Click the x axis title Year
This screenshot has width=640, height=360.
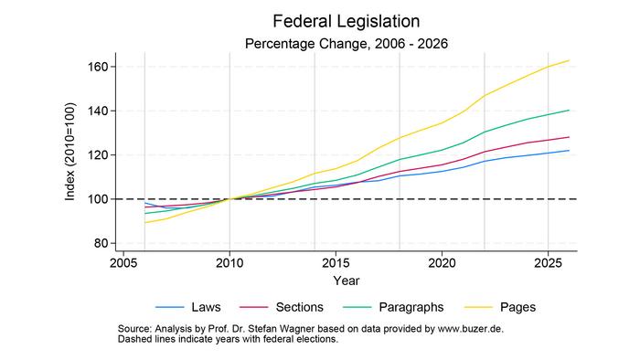click(346, 280)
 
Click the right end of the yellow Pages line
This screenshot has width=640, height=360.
click(569, 60)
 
